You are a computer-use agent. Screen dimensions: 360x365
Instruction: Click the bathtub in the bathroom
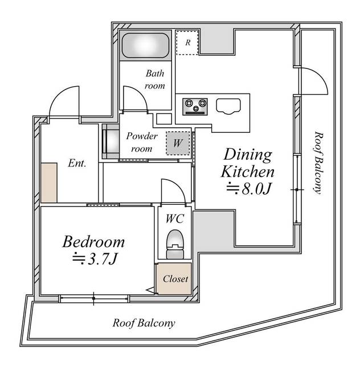(x=145, y=46)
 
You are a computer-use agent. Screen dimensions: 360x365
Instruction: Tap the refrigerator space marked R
(x=187, y=43)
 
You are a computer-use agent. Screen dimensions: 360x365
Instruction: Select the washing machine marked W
(x=178, y=143)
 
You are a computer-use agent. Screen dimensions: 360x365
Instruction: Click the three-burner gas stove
(x=195, y=107)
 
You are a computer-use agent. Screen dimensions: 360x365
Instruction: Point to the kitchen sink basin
(x=228, y=107)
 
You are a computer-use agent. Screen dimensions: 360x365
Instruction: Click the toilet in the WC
(x=175, y=244)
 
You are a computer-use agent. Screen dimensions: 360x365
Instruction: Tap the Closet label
(x=175, y=279)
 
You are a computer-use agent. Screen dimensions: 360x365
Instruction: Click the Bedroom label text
(x=93, y=242)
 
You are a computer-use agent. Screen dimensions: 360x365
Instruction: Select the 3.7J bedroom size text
(x=95, y=259)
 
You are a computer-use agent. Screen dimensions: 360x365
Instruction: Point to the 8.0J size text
(x=249, y=188)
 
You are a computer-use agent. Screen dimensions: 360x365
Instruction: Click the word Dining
(x=248, y=155)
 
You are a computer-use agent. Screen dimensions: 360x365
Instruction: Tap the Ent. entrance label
(x=77, y=163)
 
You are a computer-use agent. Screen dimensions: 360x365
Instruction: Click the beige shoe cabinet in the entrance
(x=49, y=182)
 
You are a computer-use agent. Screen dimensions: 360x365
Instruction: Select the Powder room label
(x=142, y=142)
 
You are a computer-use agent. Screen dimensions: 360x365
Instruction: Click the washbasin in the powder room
(x=111, y=141)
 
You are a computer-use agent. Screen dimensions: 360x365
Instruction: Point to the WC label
(x=175, y=219)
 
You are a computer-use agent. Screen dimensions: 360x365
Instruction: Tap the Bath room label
(x=155, y=80)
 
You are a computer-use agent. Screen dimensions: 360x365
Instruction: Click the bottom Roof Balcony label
(x=144, y=323)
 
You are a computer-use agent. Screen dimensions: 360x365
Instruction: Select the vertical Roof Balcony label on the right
(x=318, y=163)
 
